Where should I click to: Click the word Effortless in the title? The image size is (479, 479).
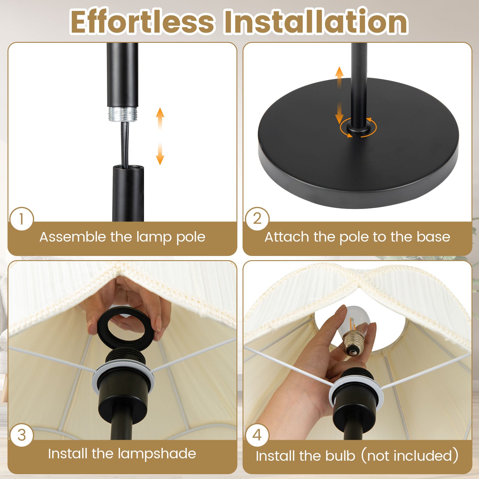pyautogui.click(x=142, y=22)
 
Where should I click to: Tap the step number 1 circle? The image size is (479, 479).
pyautogui.click(x=21, y=219)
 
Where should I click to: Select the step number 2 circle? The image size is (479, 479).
pyautogui.click(x=257, y=219)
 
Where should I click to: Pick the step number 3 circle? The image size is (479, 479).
pyautogui.click(x=21, y=435)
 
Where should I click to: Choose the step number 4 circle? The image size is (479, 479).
pyautogui.click(x=257, y=435)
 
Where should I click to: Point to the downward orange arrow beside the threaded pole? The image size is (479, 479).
pyautogui.click(x=160, y=154)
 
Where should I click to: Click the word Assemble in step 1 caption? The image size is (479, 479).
pyautogui.click(x=73, y=237)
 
